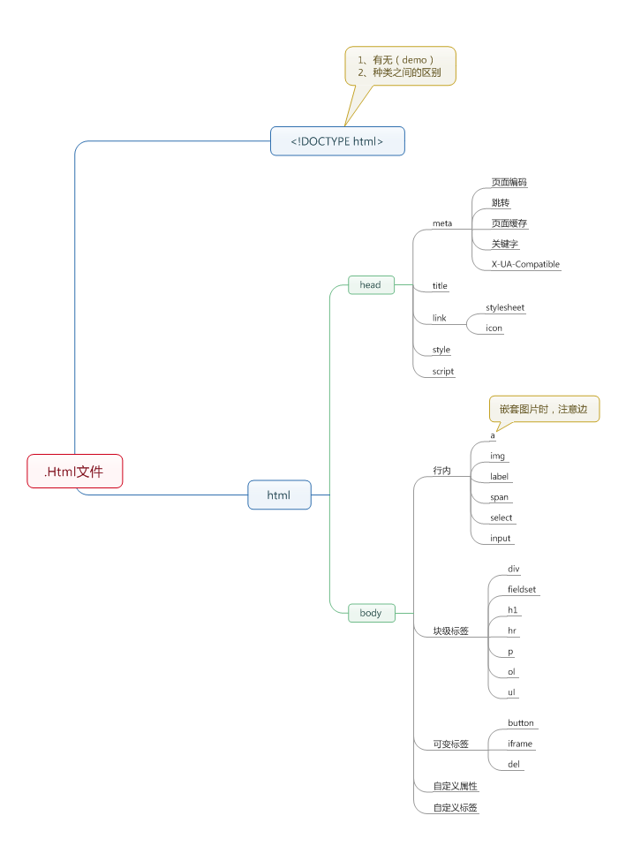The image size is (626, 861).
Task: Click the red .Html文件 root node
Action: tap(74, 471)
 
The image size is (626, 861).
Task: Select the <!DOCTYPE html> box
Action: tap(337, 141)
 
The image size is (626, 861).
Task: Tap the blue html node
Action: tap(279, 495)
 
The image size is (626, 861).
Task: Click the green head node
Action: tap(371, 284)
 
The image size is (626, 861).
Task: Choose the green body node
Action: tap(371, 612)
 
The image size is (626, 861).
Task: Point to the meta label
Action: tap(442, 223)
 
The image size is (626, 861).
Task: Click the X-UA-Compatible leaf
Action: tap(525, 264)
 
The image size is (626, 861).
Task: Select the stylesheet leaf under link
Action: tap(505, 307)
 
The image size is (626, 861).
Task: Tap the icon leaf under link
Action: tap(494, 328)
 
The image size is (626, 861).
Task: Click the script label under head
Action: tap(443, 371)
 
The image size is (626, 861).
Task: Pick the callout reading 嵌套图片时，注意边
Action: tap(544, 409)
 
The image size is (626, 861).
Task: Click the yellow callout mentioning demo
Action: tap(400, 66)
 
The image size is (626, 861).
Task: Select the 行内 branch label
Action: tap(441, 471)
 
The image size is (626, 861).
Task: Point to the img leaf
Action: tap(497, 456)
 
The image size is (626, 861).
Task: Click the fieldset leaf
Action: tap(522, 589)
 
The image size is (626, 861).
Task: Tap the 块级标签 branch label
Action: tap(450, 631)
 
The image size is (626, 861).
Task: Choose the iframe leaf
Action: tap(520, 744)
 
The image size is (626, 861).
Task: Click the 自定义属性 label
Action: tap(455, 785)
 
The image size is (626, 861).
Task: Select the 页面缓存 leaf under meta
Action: tap(509, 223)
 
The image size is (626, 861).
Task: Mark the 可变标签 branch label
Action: tap(450, 744)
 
